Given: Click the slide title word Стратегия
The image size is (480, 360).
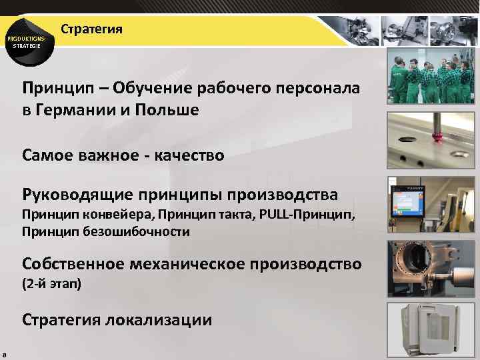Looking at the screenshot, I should click(x=91, y=30).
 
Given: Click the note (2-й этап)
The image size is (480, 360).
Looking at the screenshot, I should click(x=51, y=284).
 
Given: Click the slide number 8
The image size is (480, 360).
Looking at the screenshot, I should click(x=4, y=354).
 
